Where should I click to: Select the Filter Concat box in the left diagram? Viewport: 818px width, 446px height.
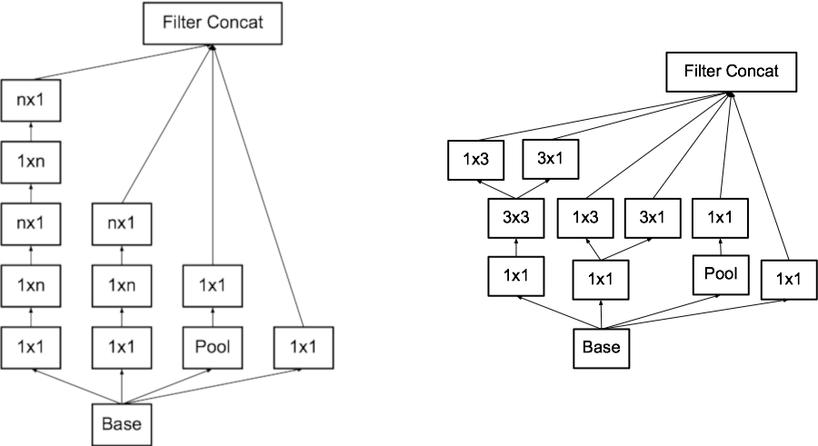tap(212, 23)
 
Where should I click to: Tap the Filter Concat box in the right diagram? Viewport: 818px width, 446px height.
tap(732, 72)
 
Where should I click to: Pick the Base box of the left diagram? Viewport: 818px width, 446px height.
tap(122, 422)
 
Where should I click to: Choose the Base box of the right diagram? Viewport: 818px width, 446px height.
tap(600, 348)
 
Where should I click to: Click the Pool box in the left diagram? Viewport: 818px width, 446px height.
tap(212, 346)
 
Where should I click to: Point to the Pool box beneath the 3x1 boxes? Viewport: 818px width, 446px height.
tap(719, 273)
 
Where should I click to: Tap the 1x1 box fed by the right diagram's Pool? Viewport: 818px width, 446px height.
tap(719, 218)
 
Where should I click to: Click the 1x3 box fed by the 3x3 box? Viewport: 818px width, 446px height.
tap(474, 160)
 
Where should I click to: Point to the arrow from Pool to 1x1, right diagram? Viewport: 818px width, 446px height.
tap(719, 245)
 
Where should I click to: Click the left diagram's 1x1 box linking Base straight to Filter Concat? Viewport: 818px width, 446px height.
tap(304, 346)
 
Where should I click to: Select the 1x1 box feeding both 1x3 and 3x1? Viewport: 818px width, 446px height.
tap(601, 279)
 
